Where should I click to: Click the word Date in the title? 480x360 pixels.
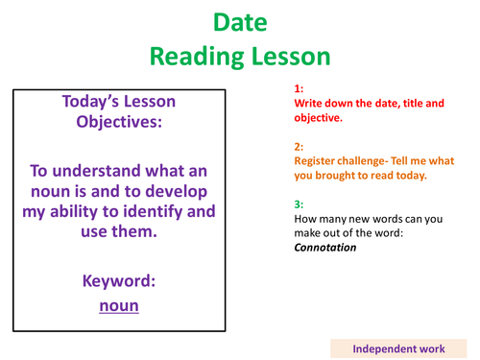point(239,21)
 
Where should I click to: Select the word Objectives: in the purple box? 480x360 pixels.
point(119,124)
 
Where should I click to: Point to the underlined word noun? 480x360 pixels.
point(119,305)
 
